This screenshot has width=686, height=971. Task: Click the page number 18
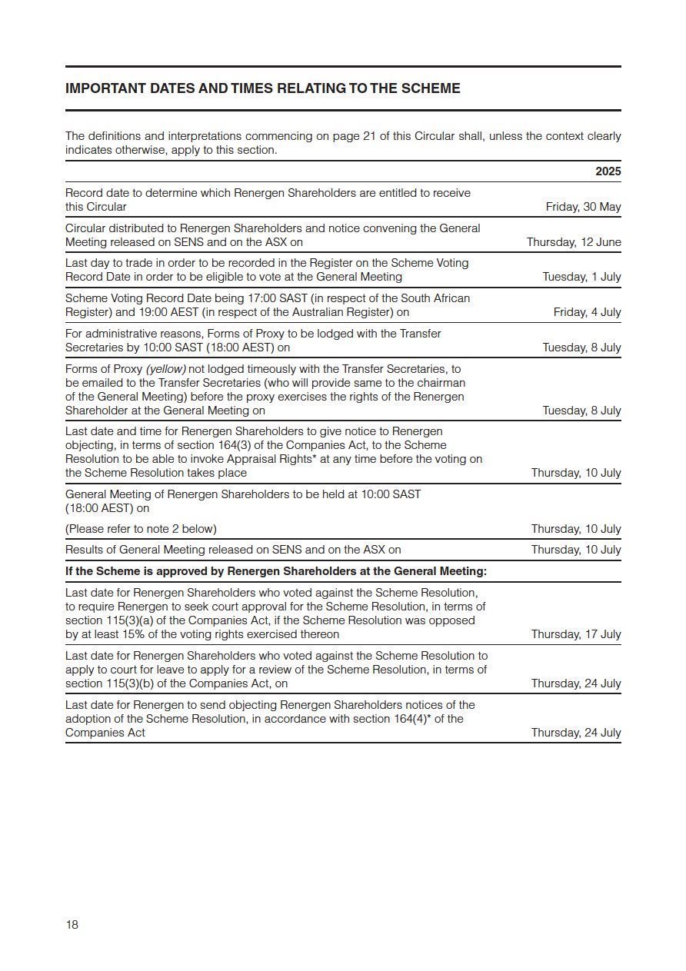point(72,925)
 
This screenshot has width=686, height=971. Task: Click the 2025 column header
point(608,171)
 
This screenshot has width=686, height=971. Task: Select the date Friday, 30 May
point(583,207)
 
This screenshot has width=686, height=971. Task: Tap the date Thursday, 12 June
point(574,242)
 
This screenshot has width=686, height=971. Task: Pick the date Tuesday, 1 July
point(581,277)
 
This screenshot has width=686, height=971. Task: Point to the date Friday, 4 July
point(587,312)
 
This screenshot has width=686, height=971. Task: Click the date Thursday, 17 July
point(576,634)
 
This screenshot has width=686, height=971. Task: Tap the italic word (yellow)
point(165,369)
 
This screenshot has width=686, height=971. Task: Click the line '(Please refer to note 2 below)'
point(141,529)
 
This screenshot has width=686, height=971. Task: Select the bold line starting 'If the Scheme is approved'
point(276,571)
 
